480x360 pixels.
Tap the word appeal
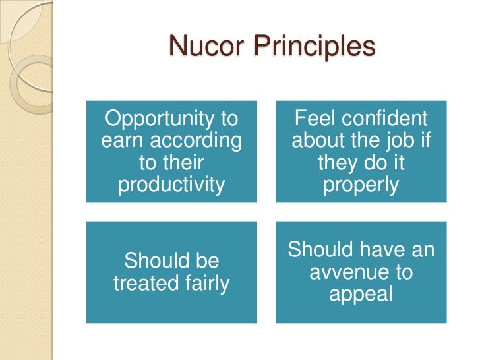tap(361, 293)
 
